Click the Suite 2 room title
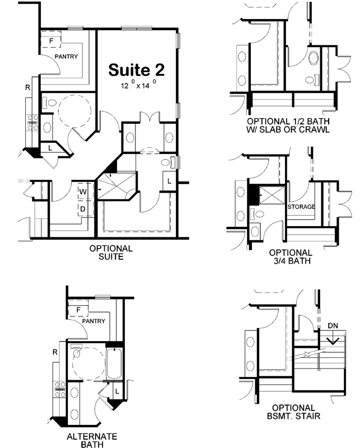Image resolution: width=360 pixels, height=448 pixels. click(136, 70)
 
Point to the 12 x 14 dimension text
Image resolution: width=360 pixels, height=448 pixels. click(138, 87)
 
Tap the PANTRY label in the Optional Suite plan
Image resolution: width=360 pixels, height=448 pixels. click(66, 57)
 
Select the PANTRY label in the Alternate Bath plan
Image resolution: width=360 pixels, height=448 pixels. click(94, 321)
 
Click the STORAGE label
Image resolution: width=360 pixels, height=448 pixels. click(301, 207)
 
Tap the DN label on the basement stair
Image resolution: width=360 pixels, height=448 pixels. click(333, 325)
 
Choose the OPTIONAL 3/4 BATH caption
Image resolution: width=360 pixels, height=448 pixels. click(290, 256)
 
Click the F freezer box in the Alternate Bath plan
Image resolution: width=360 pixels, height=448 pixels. click(78, 310)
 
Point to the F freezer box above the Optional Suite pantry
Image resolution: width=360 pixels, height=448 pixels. click(51, 41)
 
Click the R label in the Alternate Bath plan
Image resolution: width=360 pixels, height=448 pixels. click(55, 352)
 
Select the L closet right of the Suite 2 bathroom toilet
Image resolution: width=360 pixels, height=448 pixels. click(170, 181)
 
